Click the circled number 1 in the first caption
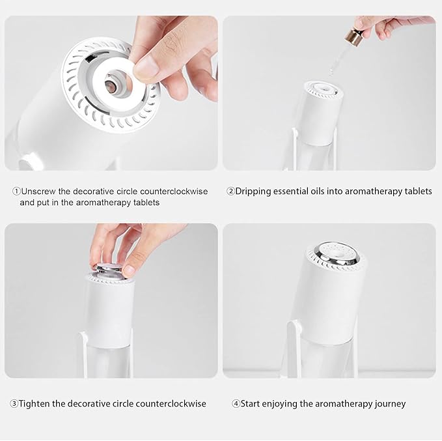[16, 192]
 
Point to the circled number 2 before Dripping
[230, 192]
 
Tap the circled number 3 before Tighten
[14, 404]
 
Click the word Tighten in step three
[36, 404]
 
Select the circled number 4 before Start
[236, 404]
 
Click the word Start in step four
[253, 404]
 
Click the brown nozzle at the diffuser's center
[112, 85]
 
